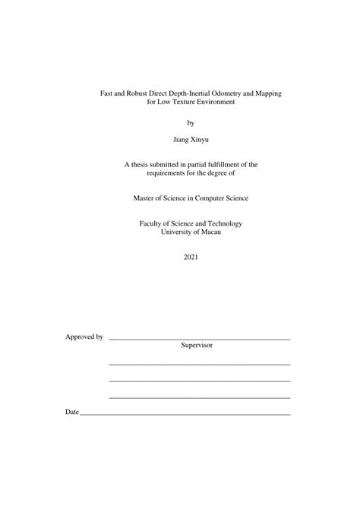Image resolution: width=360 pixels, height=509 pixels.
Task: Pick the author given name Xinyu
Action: tap(201, 141)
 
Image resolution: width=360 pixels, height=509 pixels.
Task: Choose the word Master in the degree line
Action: tap(143, 198)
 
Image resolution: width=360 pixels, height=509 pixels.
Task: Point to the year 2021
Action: tap(190, 258)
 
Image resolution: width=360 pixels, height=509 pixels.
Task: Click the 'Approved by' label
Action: tap(84, 336)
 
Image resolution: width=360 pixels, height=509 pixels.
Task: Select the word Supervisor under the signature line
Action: tap(197, 345)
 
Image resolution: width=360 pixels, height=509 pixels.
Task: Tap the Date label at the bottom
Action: tap(72, 412)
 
